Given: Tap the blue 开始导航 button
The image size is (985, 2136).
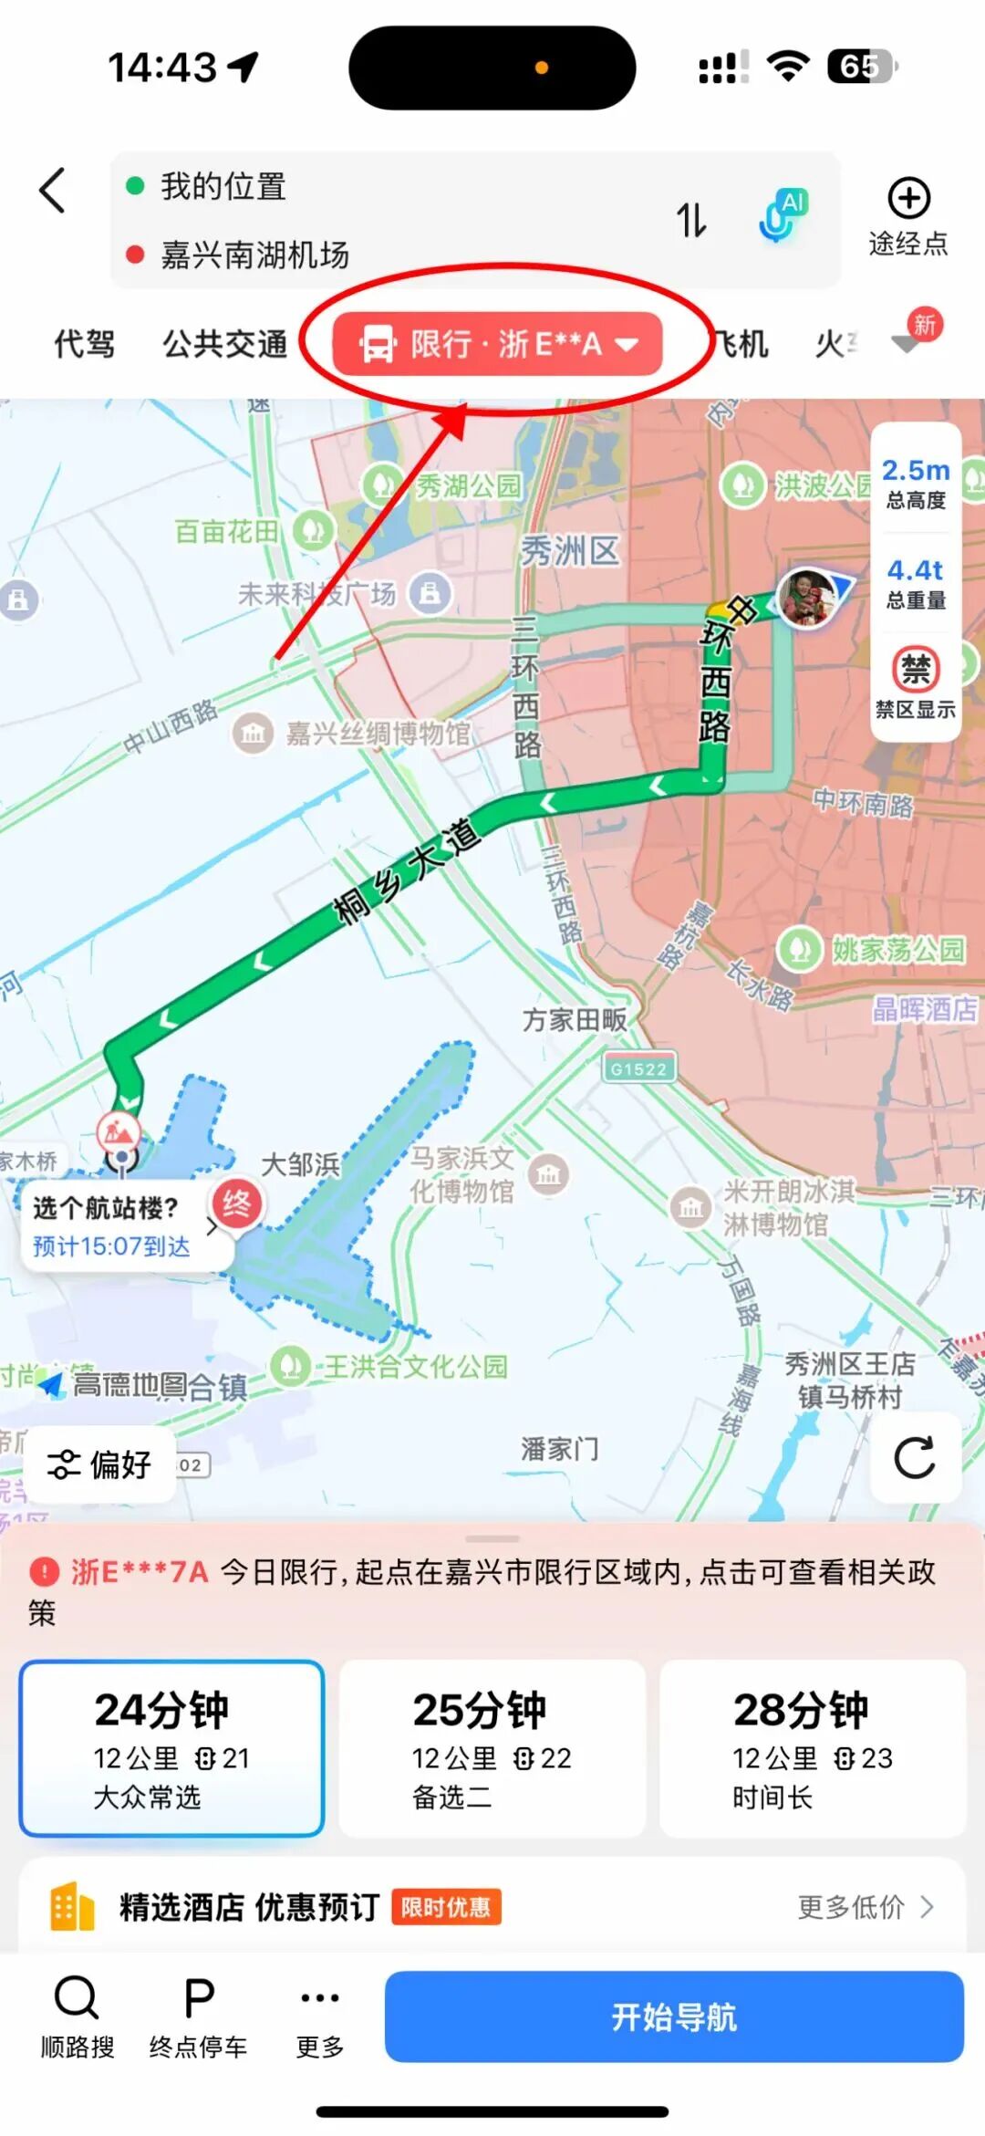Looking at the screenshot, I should point(674,2016).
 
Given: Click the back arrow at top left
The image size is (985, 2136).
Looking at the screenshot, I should point(53,191).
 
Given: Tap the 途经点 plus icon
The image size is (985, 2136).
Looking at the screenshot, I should point(908,199).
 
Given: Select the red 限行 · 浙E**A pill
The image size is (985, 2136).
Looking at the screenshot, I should point(497,344).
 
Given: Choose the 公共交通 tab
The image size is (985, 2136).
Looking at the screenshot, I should point(224,344).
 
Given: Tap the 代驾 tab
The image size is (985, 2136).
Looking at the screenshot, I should point(84,344).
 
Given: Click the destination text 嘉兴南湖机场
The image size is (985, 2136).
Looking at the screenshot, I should point(254,255).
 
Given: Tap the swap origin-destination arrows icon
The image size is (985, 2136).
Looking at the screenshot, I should point(691,220).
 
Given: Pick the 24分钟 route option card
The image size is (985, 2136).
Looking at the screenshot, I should point(171,1747).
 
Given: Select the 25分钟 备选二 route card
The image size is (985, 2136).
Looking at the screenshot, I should point(492,1747).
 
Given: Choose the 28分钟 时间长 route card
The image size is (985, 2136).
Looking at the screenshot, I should point(813,1747).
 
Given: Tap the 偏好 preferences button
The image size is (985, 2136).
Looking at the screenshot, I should point(99,1464).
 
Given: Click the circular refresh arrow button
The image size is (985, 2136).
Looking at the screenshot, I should point(915,1457).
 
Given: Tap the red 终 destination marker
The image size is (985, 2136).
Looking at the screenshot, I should point(236,1203).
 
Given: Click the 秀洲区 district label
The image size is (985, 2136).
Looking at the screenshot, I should point(569,551).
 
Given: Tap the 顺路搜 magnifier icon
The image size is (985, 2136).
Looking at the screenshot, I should point(77,1997).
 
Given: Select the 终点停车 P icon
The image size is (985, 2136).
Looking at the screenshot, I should point(199,1997).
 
